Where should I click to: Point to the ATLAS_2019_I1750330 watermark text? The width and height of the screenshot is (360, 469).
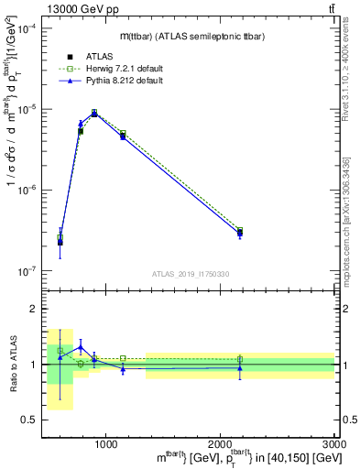[191, 274]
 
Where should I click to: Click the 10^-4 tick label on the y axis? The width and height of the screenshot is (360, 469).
[27, 29]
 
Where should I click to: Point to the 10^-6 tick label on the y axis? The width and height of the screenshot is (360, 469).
[27, 191]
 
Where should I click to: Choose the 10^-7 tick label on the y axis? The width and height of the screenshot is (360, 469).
[27, 271]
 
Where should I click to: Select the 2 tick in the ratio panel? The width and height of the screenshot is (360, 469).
[33, 310]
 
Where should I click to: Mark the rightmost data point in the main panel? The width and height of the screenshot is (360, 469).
[240, 233]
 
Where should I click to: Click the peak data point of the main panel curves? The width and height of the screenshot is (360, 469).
[94, 113]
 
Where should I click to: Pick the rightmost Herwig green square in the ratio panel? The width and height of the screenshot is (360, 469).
[240, 359]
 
